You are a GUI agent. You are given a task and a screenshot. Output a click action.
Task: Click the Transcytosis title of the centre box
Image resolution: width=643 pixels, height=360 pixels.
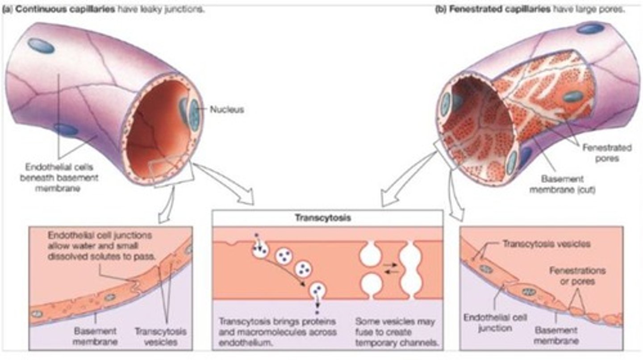(327, 218)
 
